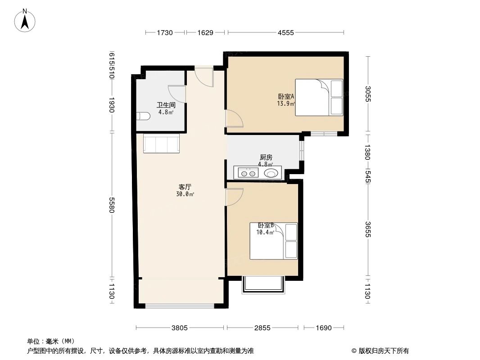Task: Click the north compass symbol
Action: pos(26,20)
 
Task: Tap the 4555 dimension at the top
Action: pos(285,32)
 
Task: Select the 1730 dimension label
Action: pos(165,32)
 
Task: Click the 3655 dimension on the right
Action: pos(368,229)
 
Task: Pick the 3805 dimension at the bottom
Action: pos(180,328)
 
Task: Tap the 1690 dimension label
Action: pos(322,328)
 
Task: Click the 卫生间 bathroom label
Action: pos(165,108)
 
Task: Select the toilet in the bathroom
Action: pos(143,117)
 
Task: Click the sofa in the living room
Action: pos(161,144)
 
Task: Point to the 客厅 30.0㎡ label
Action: pos(185,190)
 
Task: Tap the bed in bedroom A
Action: pos(319,98)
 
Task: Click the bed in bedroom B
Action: pos(274,241)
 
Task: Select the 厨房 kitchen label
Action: pos(266,161)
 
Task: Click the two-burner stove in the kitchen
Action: pos(246,172)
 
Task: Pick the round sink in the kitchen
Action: pos(271,172)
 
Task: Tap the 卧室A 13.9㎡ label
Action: pos(286,99)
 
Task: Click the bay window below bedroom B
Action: pos(263,285)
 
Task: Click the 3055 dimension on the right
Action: pos(368,94)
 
